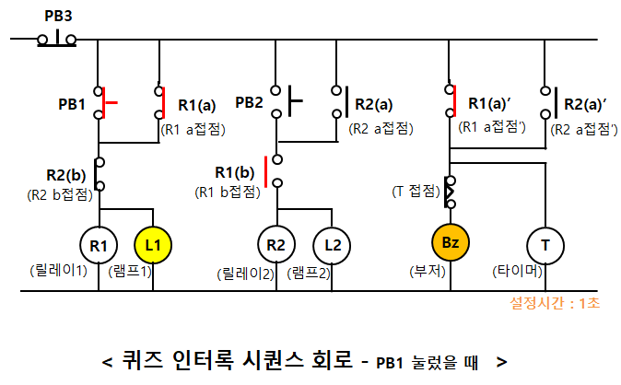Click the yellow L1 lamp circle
154,245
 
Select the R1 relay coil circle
100,245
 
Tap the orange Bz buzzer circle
451,242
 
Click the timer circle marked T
545,245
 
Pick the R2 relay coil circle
275,245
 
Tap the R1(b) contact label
234,172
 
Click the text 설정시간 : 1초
554,303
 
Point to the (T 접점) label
416,191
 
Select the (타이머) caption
519,273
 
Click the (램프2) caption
310,273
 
